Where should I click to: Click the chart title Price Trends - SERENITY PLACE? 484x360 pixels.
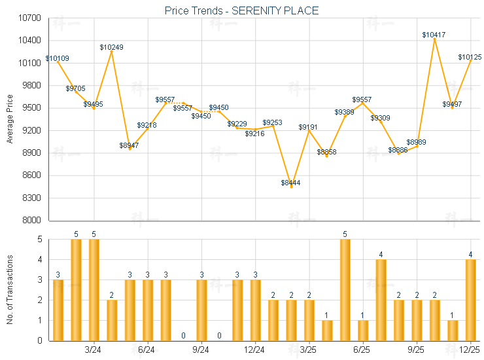242,11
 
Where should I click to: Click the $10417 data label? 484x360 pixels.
434,35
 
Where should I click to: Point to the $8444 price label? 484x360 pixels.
290,183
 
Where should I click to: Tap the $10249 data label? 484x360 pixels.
111,47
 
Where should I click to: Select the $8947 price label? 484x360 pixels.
129,145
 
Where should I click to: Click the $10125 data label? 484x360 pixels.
470,58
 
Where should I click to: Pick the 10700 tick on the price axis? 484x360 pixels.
30,18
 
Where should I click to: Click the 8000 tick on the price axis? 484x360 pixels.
32,221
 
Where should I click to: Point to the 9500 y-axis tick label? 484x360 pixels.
32,108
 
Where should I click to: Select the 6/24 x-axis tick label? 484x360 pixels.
147,350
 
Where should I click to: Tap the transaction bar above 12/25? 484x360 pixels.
470,300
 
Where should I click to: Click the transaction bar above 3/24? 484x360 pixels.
94,290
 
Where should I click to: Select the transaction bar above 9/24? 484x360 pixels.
201,310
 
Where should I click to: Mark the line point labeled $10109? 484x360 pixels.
58,62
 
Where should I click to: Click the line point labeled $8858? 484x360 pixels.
326,156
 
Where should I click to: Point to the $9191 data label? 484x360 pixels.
309,127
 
